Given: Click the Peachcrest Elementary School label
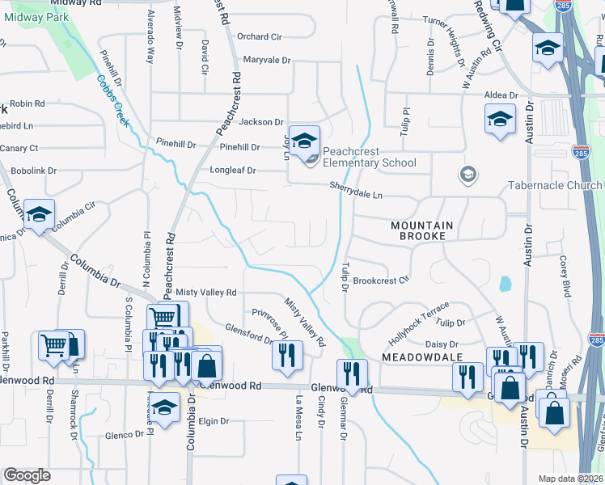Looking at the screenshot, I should pos(370,157).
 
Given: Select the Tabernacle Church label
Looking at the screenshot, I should pos(554,185).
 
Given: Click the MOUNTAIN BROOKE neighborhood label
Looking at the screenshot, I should pos(418,230).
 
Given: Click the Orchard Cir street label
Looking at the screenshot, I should pos(259,36).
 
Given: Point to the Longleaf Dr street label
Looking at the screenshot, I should pos(233,171).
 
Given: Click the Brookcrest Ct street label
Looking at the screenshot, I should pos(382,280).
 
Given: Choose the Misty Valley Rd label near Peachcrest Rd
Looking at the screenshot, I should pos(206,292).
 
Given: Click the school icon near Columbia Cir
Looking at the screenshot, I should pos(39,215).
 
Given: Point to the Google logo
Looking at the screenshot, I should pos(27,475).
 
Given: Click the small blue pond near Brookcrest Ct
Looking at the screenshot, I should pos(506,284).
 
